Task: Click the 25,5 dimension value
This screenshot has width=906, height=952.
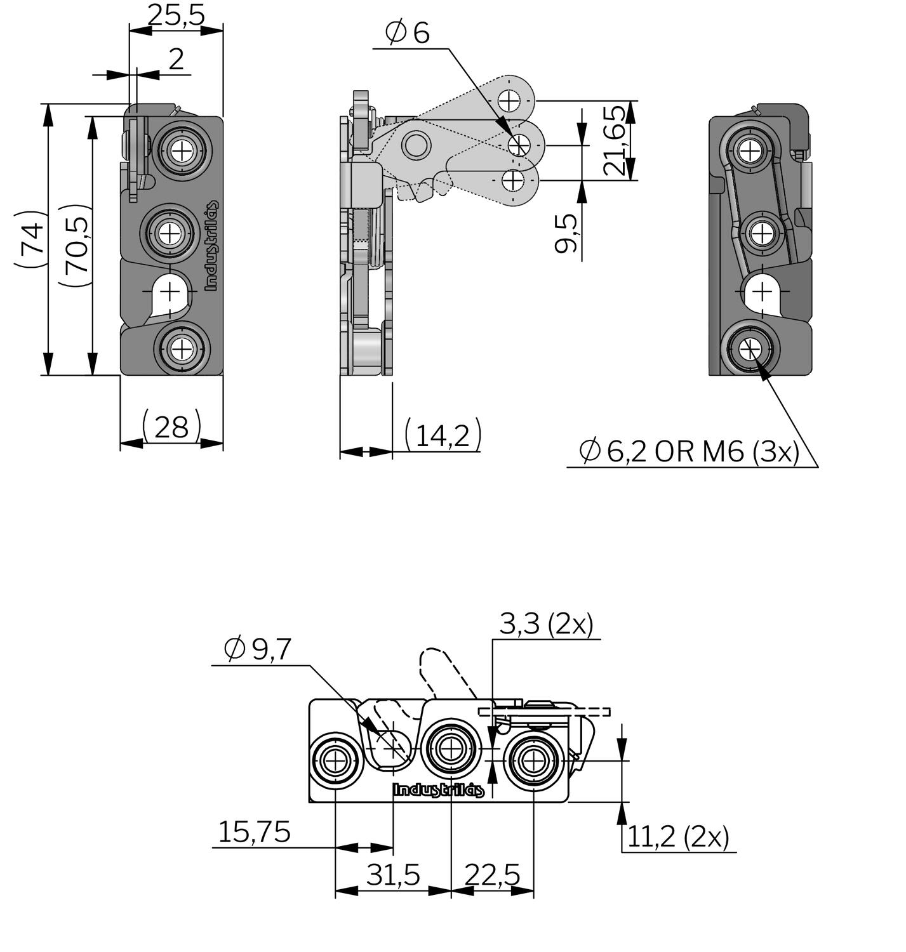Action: point(176,15)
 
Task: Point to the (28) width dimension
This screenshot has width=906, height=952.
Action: point(171,426)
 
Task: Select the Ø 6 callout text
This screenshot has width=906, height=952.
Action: point(408,32)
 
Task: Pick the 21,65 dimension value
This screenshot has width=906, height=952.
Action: point(615,141)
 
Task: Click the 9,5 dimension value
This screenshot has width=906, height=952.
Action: point(566,234)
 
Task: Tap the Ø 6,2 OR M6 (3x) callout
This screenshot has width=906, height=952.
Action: point(689,451)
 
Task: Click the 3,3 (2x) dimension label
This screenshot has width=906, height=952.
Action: point(546,625)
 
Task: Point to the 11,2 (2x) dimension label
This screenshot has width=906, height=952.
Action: point(678,837)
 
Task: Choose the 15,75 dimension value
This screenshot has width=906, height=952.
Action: point(254,832)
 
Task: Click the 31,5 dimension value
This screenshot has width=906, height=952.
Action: point(394,875)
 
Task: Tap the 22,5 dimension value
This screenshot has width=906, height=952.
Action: point(492,875)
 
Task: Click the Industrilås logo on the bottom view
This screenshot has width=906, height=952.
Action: point(439,790)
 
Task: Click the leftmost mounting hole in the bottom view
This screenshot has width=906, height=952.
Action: point(335,760)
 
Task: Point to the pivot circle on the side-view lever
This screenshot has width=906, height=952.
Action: point(416,145)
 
